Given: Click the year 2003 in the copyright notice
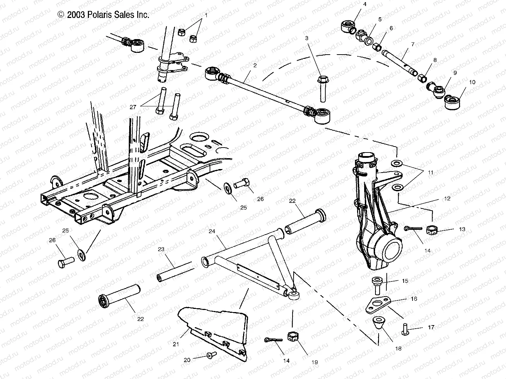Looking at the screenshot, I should click(74, 15).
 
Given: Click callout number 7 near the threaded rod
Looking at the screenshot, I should click(412, 44).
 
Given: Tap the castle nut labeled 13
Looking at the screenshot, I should click(431, 231).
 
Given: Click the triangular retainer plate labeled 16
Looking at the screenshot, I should click(377, 304).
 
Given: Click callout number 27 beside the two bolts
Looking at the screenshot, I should click(133, 107).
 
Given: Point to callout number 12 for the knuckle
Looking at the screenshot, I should click(447, 199).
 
